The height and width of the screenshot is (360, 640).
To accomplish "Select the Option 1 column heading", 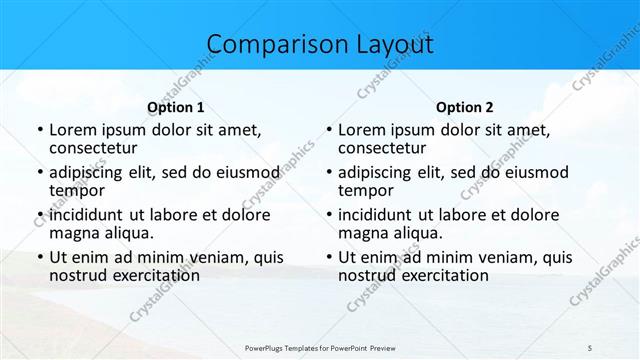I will click(x=176, y=107).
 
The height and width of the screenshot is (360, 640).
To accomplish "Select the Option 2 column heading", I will click(x=465, y=107).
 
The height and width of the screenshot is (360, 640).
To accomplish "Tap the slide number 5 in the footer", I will click(x=590, y=346).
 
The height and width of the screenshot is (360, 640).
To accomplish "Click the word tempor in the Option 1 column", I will click(x=76, y=190).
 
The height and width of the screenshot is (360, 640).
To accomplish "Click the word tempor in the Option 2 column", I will click(x=365, y=190).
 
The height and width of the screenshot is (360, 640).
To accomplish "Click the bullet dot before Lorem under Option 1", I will click(x=39, y=130).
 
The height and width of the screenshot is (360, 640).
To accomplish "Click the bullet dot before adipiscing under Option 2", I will click(x=328, y=172).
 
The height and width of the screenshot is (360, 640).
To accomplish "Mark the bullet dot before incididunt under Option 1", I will click(x=39, y=215).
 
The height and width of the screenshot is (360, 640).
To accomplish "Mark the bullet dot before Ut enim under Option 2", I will click(x=328, y=257).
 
